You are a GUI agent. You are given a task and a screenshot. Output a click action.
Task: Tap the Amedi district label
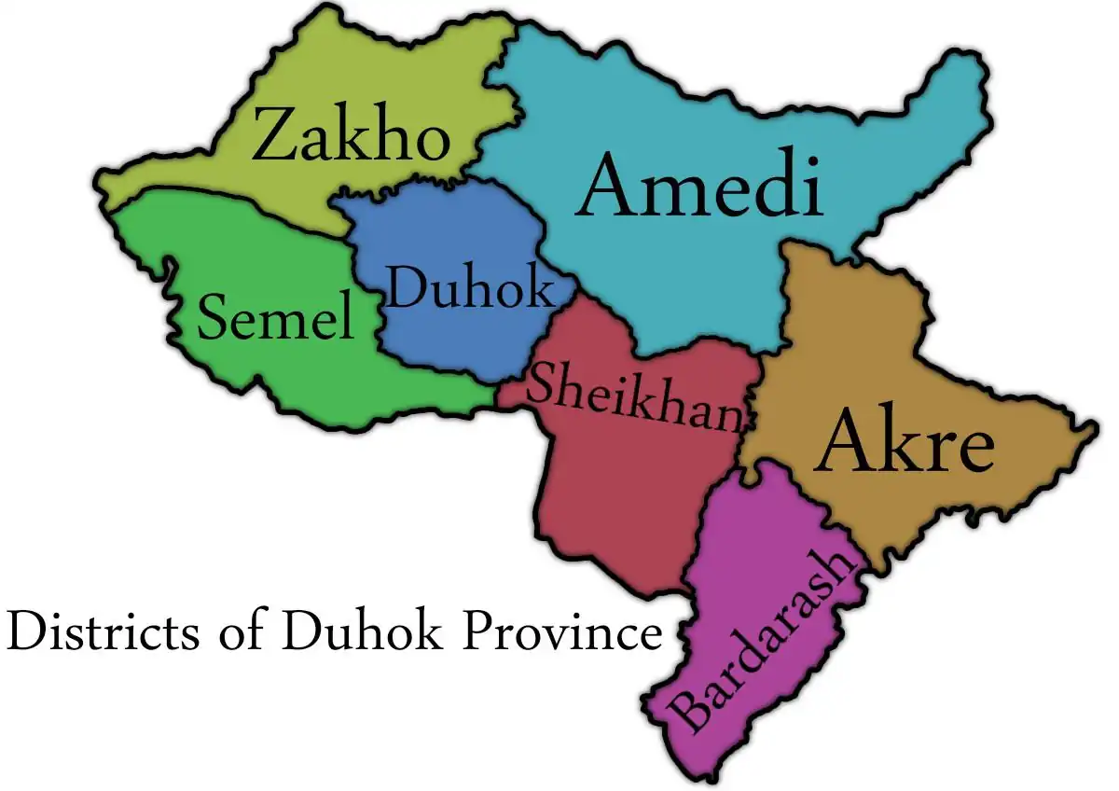pyautogui.click(x=700, y=187)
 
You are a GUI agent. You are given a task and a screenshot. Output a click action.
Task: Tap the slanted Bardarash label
pyautogui.click(x=765, y=641)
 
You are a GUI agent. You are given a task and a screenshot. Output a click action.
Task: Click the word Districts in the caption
pyautogui.click(x=103, y=631)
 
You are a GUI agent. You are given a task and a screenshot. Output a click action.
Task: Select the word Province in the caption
pyautogui.click(x=564, y=631)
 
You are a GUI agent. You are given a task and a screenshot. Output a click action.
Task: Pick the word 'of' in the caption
pyautogui.click(x=242, y=632)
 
